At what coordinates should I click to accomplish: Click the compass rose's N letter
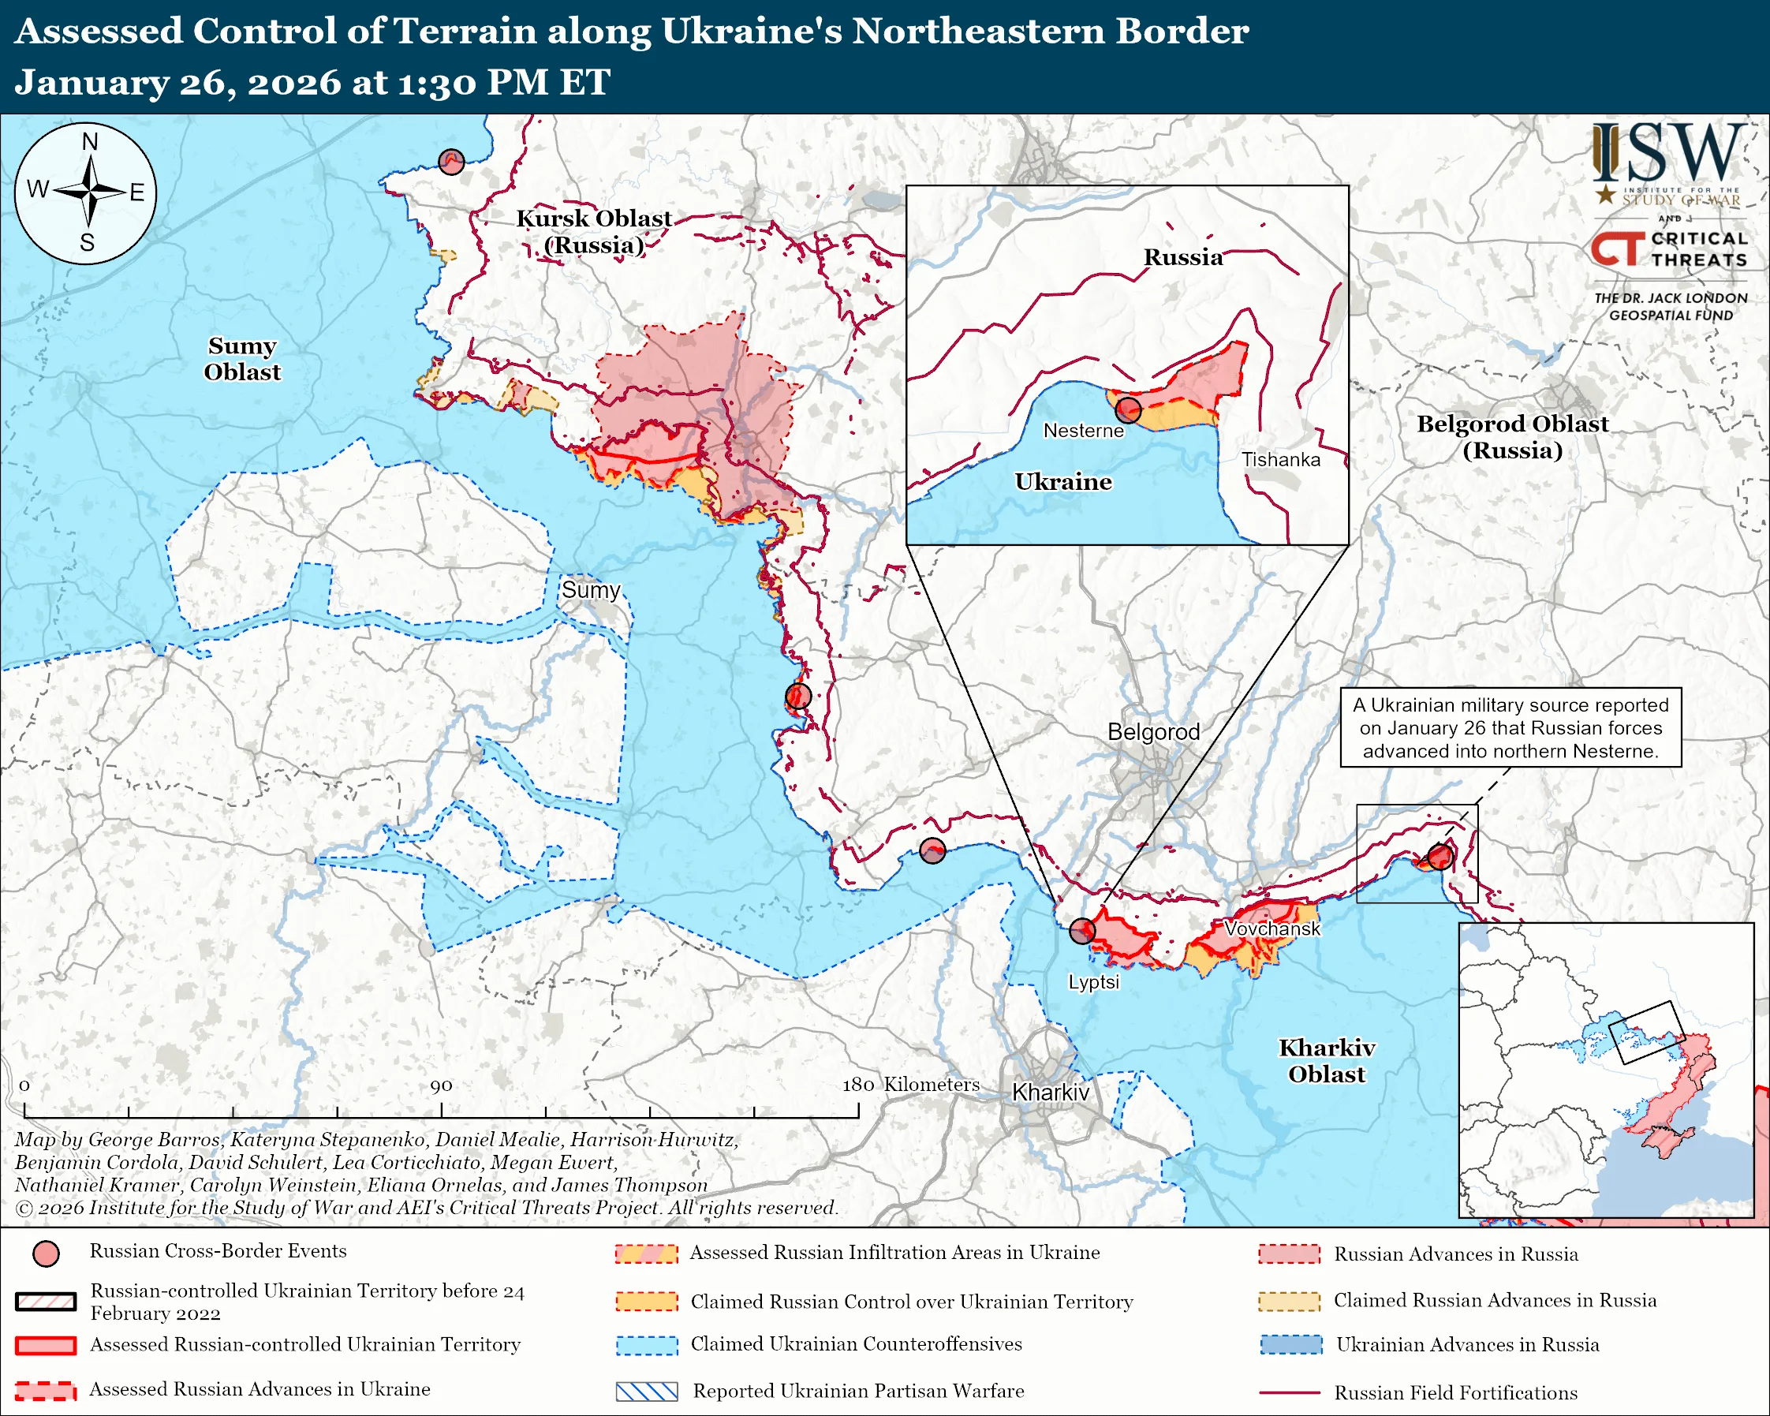(x=89, y=142)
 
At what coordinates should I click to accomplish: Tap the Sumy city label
(x=590, y=590)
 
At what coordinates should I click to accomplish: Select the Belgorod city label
(x=1152, y=731)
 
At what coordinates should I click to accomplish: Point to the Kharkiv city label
(x=1050, y=1092)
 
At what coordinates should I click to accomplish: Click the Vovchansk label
(x=1271, y=928)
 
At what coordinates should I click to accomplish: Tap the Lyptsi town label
(x=1092, y=982)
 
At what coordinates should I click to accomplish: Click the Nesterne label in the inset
(x=1083, y=430)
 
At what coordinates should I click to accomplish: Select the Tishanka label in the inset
(x=1280, y=460)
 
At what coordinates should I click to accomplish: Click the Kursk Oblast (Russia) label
(x=594, y=231)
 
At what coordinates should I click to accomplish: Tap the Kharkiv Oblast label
(x=1326, y=1060)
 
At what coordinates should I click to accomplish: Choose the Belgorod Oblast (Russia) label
(x=1512, y=437)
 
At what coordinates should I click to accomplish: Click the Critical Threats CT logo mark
(x=1617, y=248)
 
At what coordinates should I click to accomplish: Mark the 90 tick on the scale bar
(x=442, y=1110)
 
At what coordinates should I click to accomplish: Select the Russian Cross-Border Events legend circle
(x=46, y=1253)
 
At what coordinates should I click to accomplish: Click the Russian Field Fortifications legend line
(x=1289, y=1393)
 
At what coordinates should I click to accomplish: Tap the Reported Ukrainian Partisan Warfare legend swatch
(x=646, y=1392)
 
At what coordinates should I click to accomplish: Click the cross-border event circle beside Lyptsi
(x=1082, y=930)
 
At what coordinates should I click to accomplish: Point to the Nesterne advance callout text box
(x=1510, y=727)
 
